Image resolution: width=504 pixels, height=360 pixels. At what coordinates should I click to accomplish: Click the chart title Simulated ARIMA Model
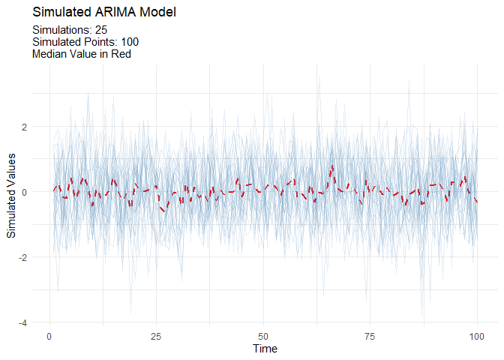[104, 13]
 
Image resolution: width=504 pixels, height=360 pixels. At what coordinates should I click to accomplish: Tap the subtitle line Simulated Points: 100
[85, 42]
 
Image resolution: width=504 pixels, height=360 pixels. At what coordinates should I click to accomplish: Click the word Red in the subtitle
[121, 54]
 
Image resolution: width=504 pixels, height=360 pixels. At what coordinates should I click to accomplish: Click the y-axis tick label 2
[25, 127]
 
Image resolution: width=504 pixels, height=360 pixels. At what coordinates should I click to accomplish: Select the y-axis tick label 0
[25, 192]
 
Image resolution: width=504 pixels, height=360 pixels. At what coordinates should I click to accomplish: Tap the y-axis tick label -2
[23, 257]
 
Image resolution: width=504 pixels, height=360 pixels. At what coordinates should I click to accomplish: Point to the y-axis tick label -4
[23, 322]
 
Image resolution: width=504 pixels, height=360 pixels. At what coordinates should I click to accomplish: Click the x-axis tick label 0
[49, 335]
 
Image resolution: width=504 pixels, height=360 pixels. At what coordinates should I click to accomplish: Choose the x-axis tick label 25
[156, 335]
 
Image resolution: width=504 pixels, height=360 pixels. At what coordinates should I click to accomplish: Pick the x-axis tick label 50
[263, 335]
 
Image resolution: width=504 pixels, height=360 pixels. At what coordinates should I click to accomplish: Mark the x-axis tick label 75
[370, 335]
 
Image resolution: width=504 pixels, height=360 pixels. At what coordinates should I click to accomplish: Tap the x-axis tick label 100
[477, 335]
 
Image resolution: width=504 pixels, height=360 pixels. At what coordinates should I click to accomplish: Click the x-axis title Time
[265, 349]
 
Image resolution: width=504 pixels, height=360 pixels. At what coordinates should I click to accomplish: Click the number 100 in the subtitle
[129, 42]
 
